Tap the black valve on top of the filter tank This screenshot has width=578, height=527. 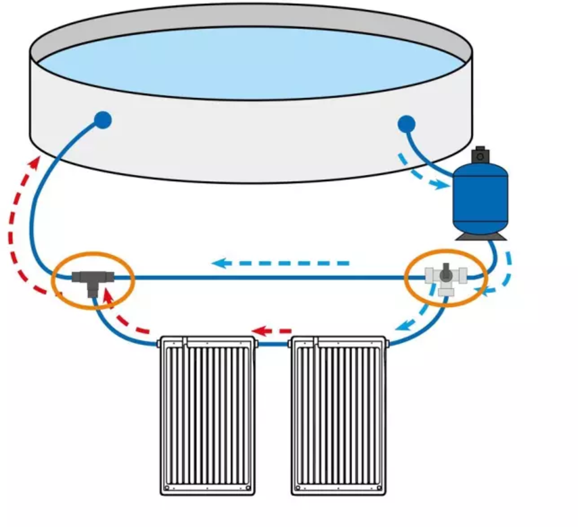(481, 154)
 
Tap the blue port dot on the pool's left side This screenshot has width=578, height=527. (102, 120)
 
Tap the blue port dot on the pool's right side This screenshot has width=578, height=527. (407, 124)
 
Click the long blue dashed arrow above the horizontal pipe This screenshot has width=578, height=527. (281, 263)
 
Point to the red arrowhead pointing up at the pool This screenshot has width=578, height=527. (35, 163)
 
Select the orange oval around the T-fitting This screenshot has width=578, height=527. (93, 255)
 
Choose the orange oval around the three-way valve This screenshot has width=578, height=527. (446, 252)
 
